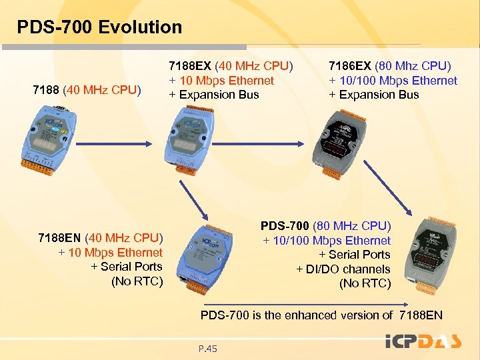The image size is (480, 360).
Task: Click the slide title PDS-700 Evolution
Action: point(99,27)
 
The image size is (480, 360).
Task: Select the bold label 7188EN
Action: point(60,238)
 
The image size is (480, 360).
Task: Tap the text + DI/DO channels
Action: point(343,269)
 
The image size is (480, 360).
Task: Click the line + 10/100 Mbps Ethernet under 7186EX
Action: point(393,81)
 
